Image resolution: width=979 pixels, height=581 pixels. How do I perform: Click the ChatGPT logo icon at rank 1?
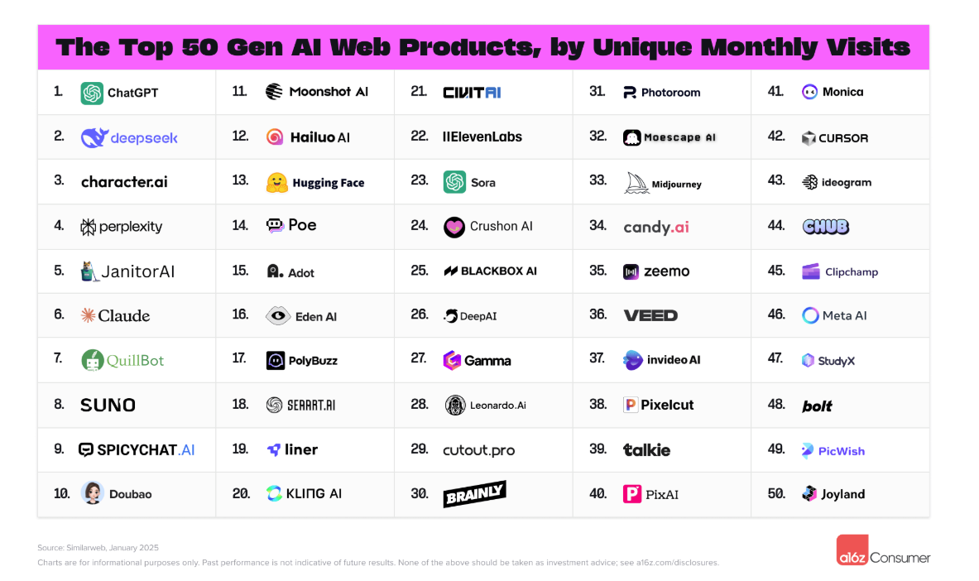coord(92,93)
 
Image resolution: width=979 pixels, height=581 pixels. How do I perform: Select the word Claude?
coord(124,315)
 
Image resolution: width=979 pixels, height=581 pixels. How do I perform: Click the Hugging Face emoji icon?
coord(276,183)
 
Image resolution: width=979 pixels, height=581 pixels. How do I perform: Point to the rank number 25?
coord(420,271)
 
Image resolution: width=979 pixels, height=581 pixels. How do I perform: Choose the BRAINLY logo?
coord(474,494)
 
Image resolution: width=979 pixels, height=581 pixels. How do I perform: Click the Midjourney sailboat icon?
coord(636,183)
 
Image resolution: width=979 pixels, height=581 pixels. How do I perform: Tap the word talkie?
coord(646,450)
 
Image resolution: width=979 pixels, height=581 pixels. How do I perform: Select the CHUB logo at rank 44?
coord(825,227)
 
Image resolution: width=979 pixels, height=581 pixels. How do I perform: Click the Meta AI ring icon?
coord(811,315)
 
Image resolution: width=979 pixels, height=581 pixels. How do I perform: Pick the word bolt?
coord(817,406)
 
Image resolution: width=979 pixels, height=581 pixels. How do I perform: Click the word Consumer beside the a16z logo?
coord(900,558)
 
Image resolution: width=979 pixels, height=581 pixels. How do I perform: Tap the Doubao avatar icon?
coord(93,493)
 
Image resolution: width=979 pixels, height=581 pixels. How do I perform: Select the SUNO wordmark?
coord(108,405)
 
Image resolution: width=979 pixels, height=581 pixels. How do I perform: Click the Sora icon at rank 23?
coord(454,182)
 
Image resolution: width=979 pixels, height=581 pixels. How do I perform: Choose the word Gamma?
coord(487,361)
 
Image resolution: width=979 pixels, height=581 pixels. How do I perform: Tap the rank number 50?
coord(776,493)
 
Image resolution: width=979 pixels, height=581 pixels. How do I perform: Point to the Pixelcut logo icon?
coord(631,405)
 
